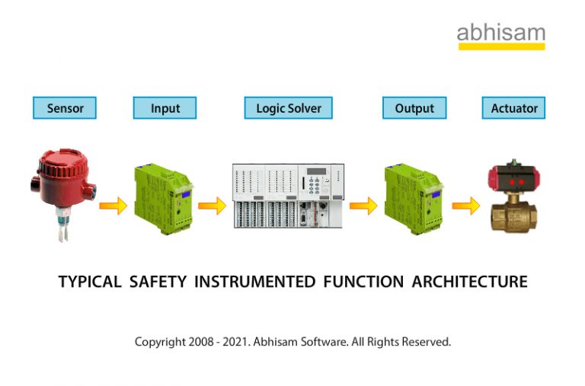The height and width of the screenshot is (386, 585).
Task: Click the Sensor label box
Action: (x=65, y=108)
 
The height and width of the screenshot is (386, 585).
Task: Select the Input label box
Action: (x=165, y=108)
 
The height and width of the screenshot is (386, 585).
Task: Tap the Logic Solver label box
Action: (x=289, y=108)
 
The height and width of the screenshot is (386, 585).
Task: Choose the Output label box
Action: (x=414, y=108)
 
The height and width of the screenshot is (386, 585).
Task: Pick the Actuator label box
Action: (x=514, y=108)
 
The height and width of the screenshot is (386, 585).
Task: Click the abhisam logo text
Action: (x=500, y=33)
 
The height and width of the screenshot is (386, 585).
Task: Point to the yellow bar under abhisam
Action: (x=500, y=46)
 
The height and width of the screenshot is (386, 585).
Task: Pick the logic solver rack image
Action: (x=288, y=196)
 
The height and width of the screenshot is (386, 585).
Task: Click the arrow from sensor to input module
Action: (x=113, y=206)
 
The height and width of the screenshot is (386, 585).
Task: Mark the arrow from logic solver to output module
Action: (x=363, y=206)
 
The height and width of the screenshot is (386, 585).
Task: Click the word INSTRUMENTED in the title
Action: (x=254, y=282)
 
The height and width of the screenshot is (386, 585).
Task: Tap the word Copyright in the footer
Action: (x=160, y=342)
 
